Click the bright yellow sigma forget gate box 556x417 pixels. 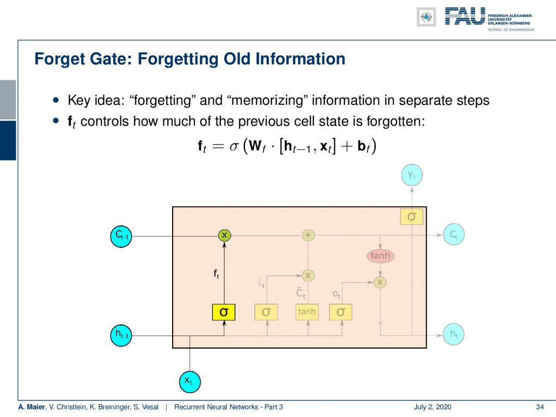[224, 312]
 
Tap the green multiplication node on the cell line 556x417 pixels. [224, 235]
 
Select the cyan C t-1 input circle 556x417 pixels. [121, 236]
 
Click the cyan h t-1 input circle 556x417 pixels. [121, 335]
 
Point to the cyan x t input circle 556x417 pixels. [189, 382]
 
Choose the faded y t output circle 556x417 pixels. [412, 175]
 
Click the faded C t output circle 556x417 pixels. [453, 235]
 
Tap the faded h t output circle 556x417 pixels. [453, 334]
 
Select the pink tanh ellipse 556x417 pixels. [380, 256]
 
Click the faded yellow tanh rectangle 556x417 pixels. [307, 312]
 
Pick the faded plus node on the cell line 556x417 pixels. [308, 235]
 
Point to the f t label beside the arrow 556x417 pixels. [216, 274]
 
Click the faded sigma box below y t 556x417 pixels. [412, 216]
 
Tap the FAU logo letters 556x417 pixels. [465, 16]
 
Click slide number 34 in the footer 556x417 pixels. [540, 407]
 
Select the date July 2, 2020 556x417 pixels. [432, 407]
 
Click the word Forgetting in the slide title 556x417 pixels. [178, 59]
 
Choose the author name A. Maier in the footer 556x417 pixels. [32, 407]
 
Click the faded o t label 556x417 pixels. [337, 294]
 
